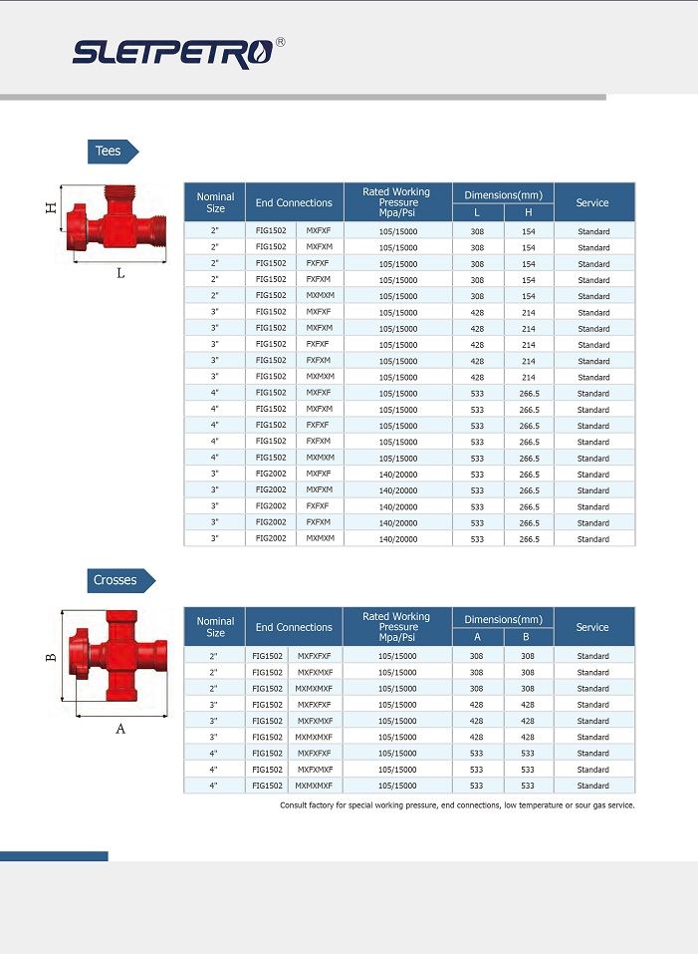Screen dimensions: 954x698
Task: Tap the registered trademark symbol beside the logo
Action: (280, 43)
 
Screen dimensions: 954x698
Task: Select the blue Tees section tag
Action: (111, 151)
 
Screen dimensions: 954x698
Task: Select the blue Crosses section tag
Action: (117, 579)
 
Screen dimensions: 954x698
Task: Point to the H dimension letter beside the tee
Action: (50, 208)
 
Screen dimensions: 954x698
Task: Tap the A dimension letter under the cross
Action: (120, 729)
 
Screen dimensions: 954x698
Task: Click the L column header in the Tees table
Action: (477, 212)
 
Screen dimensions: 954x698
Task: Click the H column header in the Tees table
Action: (529, 212)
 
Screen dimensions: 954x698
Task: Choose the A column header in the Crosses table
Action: (477, 637)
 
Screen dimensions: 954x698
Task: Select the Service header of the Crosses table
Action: (592, 627)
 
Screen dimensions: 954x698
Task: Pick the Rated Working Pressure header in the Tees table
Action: (397, 202)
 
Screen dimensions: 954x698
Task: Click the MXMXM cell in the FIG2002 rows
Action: (320, 539)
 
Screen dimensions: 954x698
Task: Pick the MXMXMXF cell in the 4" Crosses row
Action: (314, 786)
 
